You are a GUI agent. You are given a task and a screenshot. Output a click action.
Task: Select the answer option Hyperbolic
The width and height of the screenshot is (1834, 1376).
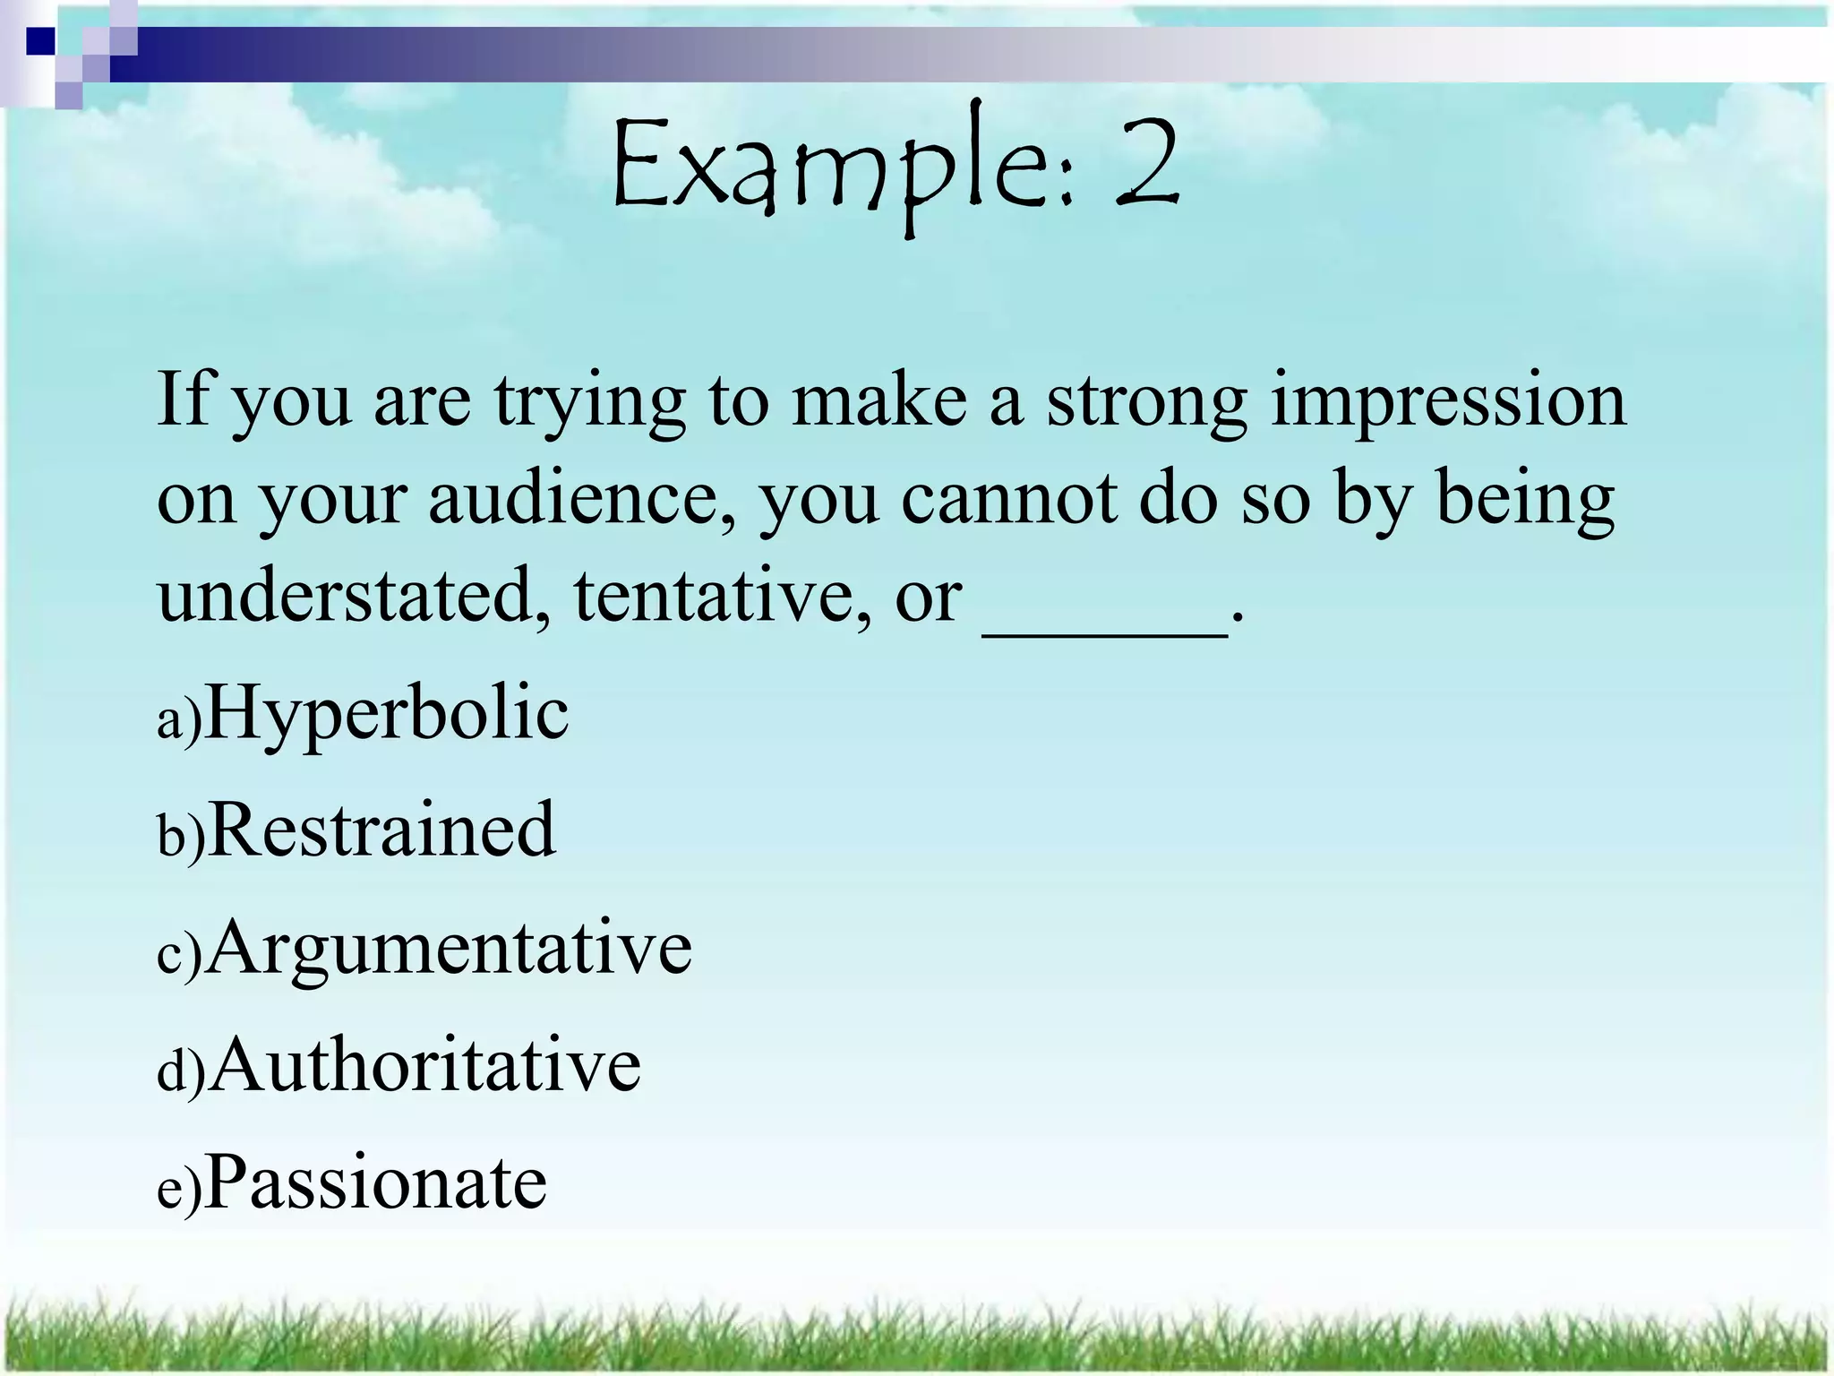[387, 714]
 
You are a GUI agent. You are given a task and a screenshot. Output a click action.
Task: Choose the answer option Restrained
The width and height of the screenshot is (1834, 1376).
[381, 830]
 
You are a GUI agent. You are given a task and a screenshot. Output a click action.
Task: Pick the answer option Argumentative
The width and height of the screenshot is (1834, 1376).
[450, 948]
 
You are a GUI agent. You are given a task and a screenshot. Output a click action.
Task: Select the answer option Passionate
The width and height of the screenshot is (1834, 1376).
[376, 1182]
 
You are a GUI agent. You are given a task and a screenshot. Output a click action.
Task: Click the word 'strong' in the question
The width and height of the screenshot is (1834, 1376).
[1147, 400]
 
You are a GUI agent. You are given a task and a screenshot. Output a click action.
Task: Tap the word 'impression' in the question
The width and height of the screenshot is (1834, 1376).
[1448, 400]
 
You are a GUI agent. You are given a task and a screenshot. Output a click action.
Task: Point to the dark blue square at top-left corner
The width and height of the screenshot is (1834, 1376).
[41, 41]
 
